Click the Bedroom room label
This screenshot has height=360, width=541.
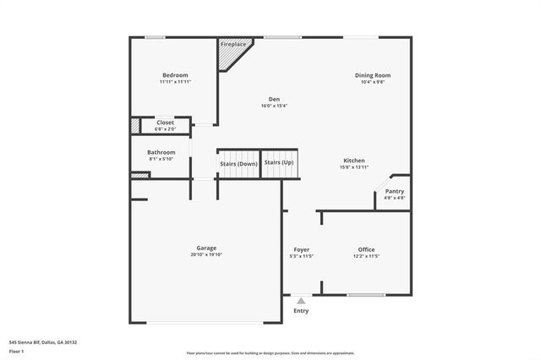175,75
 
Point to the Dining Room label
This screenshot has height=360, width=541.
372,75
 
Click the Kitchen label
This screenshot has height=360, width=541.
354,161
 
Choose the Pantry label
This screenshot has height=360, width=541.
395,191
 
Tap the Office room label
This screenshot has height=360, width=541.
366,249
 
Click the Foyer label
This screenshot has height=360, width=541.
301,249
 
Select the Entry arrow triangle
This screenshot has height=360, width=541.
301,300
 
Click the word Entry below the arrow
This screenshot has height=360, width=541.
301,310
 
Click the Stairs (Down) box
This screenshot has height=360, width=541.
238,164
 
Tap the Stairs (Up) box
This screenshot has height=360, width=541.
279,162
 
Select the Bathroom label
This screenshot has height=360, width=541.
162,152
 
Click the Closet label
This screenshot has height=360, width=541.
165,123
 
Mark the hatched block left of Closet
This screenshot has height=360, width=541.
134,126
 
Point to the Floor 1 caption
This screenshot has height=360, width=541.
16,350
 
